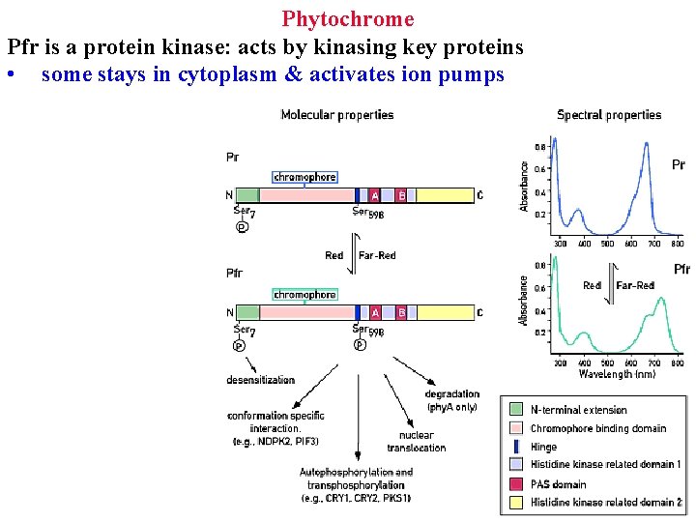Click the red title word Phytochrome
click(x=348, y=18)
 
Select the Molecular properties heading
click(x=336, y=115)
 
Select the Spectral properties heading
click(x=609, y=115)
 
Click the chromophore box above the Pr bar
click(x=304, y=177)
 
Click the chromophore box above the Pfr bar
click(x=304, y=295)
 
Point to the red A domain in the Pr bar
click(x=375, y=195)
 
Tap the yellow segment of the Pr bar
click(x=445, y=195)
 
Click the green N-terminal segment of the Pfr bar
click(x=247, y=312)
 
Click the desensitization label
click(x=260, y=380)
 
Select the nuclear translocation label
click(x=417, y=442)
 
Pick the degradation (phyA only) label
click(x=451, y=400)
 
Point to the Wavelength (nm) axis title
click(x=618, y=373)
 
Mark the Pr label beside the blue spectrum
click(x=679, y=165)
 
